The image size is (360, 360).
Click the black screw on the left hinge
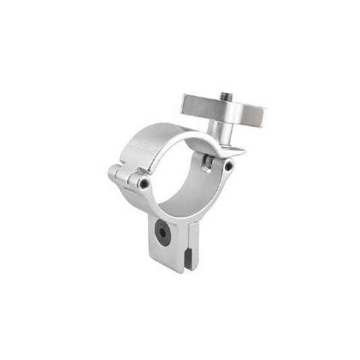tap(143, 182)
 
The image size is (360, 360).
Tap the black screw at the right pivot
tap(229, 166)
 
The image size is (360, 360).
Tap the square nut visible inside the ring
tap(207, 162)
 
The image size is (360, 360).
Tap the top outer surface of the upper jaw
tap(162, 132)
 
